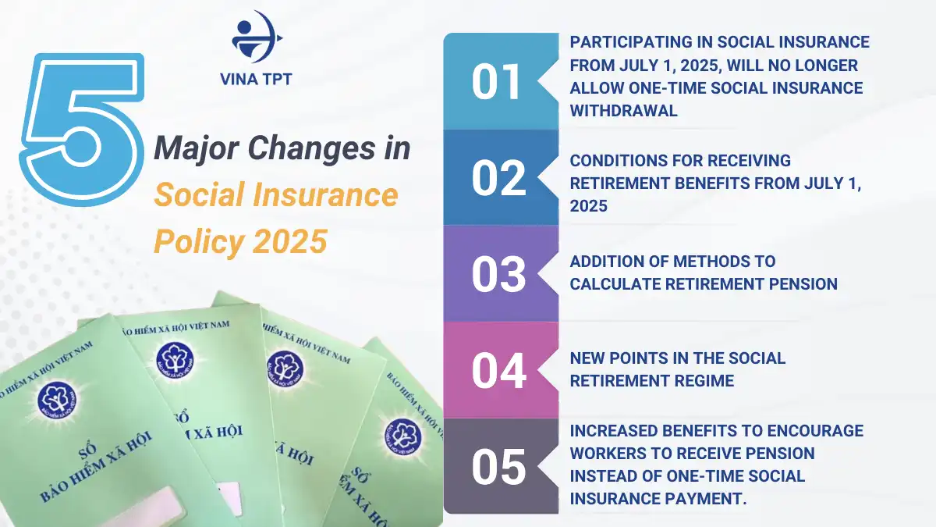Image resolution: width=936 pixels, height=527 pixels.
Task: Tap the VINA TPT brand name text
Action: pyautogui.click(x=257, y=80)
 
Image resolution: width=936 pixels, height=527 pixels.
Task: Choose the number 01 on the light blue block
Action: pyautogui.click(x=496, y=83)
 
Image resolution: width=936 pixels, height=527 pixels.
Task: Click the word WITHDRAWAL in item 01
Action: pyautogui.click(x=623, y=111)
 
